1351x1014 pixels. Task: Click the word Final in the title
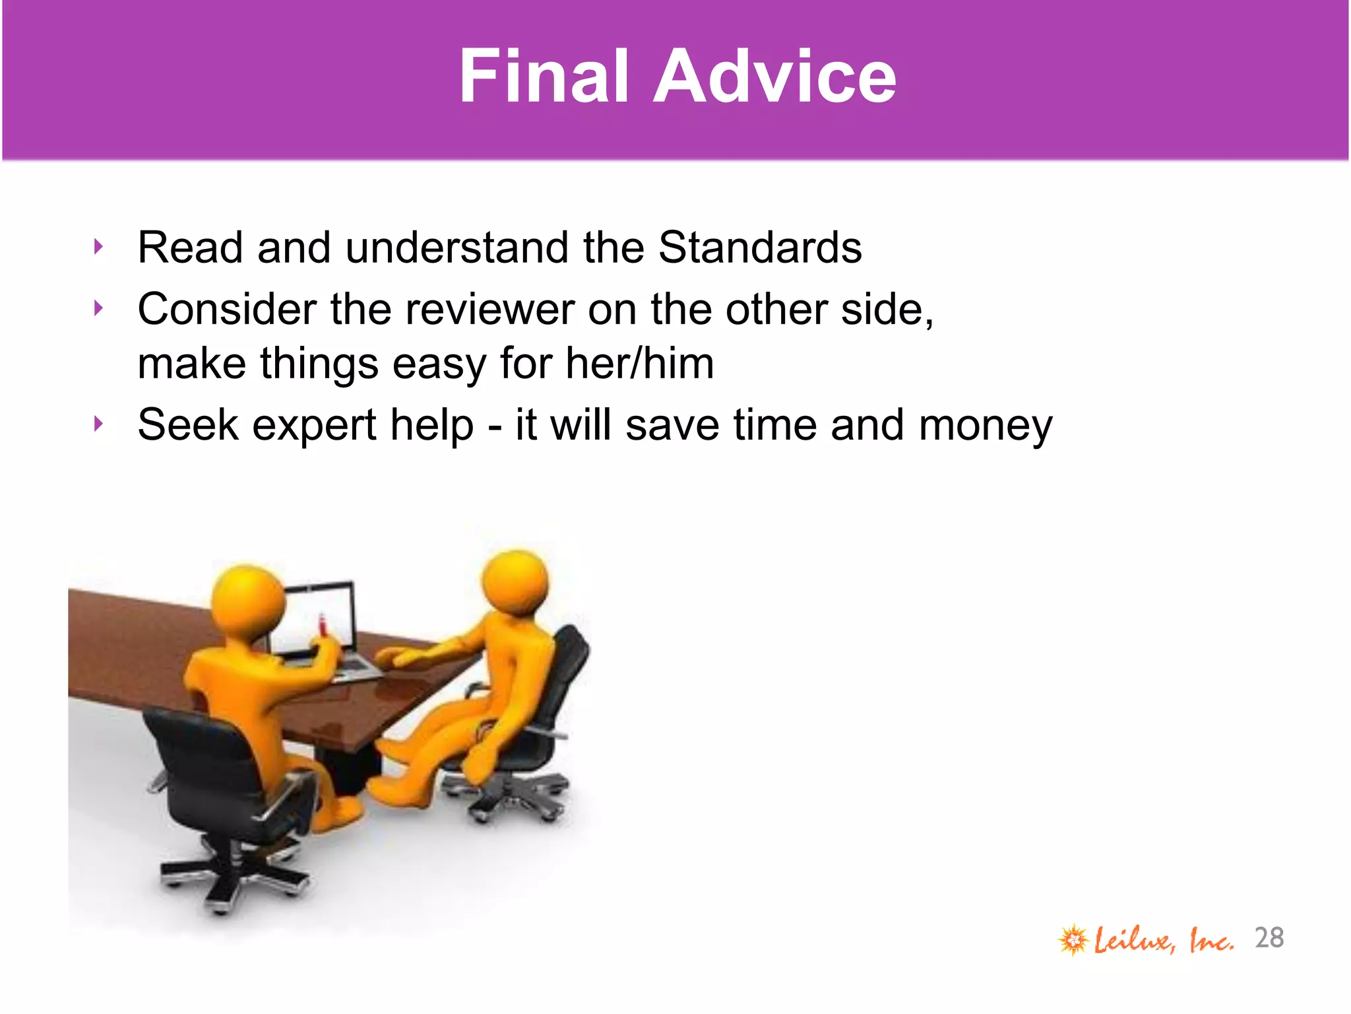pyautogui.click(x=543, y=77)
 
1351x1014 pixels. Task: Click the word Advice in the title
pyautogui.click(x=774, y=77)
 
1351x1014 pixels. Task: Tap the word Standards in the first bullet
pyautogui.click(x=759, y=248)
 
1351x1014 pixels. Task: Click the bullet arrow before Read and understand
pyautogui.click(x=99, y=247)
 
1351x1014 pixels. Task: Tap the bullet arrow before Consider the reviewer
pyautogui.click(x=99, y=308)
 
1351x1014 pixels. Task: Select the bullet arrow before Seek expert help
pyautogui.click(x=99, y=424)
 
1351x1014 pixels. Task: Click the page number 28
pyautogui.click(x=1269, y=938)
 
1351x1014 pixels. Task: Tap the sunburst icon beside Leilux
pyautogui.click(x=1073, y=939)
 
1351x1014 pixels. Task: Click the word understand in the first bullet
pyautogui.click(x=457, y=248)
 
